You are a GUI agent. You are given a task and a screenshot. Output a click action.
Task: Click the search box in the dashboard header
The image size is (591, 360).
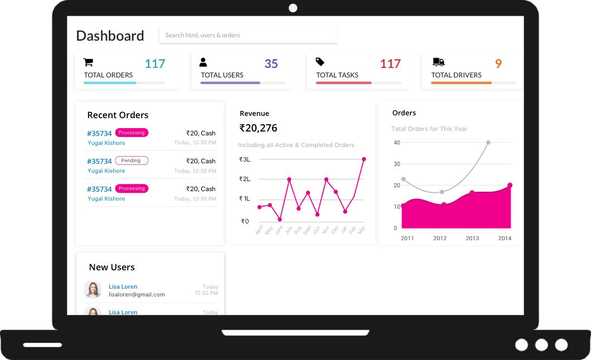point(248,35)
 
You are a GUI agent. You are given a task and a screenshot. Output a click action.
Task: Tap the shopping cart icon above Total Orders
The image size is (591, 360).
point(88,62)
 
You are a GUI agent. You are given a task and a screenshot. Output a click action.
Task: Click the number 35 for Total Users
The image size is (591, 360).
point(271,64)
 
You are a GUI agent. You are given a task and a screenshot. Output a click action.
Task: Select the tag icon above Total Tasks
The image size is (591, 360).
point(320,62)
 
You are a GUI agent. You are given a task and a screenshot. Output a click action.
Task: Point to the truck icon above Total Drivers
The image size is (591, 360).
point(438,62)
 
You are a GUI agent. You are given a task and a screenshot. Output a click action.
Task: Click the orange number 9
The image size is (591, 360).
point(498,64)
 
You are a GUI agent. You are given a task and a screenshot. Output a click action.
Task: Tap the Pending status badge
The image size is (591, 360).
point(132,160)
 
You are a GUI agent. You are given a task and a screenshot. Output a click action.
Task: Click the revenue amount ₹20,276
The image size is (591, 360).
point(258,128)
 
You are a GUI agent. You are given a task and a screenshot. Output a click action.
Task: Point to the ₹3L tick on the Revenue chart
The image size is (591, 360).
point(245,159)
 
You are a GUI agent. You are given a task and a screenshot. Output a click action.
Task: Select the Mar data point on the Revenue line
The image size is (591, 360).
point(364,159)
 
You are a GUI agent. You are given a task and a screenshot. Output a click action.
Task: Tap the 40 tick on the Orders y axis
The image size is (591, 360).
point(397,143)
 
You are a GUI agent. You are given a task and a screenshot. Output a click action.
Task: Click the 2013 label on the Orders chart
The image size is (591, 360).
point(472,239)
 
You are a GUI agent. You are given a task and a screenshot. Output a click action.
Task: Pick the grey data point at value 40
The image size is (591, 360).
point(488,143)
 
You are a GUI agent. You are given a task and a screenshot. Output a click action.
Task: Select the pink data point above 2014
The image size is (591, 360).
point(510,186)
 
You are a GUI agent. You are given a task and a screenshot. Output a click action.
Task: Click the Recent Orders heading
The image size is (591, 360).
point(118,115)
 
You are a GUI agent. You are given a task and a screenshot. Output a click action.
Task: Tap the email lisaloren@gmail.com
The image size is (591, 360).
point(137,294)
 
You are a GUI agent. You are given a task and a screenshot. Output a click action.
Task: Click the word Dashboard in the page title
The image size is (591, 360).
point(110,36)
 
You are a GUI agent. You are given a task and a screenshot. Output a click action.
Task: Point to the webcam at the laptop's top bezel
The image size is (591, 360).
point(293,8)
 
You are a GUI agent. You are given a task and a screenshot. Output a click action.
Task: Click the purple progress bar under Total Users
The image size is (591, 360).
point(230,83)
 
